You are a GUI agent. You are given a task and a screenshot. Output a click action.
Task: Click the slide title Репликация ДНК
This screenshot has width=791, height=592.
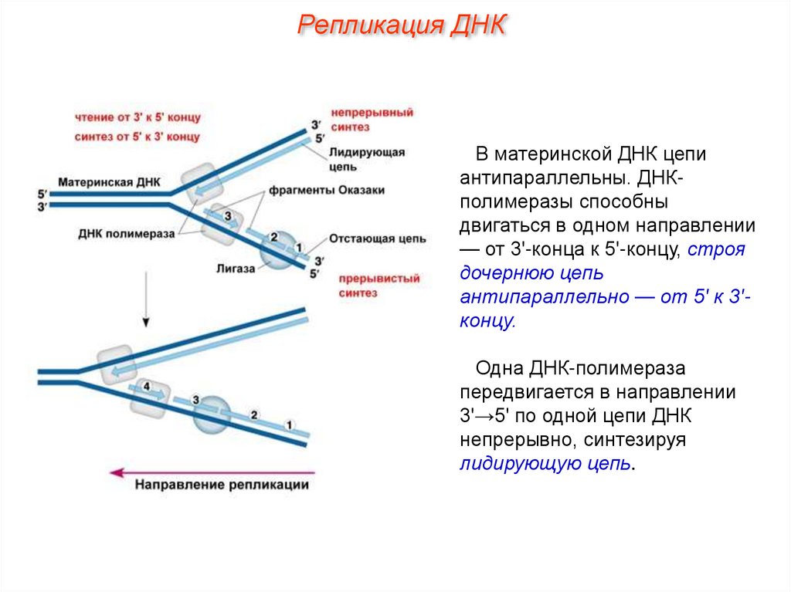[402, 25]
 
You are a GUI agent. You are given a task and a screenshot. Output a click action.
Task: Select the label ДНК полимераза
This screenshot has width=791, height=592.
[126, 232]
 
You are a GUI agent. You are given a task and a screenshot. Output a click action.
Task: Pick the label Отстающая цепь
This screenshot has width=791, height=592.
[378, 239]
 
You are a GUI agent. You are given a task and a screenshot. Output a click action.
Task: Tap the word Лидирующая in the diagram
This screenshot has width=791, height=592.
[366, 153]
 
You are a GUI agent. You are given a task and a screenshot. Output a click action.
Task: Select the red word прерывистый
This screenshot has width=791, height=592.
[377, 279]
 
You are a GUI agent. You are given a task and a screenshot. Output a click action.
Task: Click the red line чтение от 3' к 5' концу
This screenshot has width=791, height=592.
[138, 117]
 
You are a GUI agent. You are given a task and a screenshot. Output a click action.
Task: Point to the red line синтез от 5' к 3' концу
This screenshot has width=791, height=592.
[138, 137]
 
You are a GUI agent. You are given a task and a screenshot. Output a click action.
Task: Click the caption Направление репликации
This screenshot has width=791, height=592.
[222, 485]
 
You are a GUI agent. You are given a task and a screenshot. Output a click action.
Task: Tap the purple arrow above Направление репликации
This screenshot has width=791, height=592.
[212, 471]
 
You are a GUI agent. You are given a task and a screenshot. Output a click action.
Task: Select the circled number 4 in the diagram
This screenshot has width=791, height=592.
[147, 386]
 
